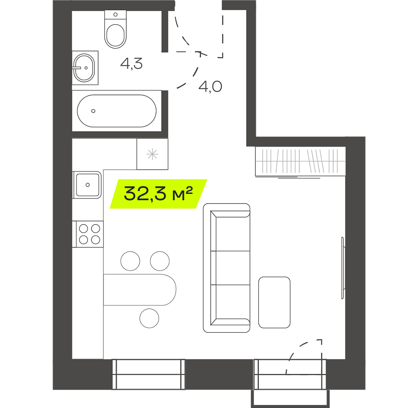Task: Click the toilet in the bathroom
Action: (115, 29)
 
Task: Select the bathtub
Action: (117, 111)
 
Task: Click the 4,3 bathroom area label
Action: (131, 64)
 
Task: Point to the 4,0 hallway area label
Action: (210, 87)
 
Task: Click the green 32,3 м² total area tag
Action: (159, 194)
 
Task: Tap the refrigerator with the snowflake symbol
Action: (153, 154)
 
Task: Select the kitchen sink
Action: (87, 185)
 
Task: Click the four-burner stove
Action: (88, 234)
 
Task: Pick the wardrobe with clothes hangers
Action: (300, 161)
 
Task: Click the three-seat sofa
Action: (227, 268)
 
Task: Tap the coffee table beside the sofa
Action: (274, 302)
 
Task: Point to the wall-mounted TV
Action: (343, 268)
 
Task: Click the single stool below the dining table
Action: (149, 318)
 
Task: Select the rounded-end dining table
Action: (140, 289)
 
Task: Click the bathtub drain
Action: (93, 111)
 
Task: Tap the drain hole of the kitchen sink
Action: (88, 185)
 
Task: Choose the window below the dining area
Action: (149, 374)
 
